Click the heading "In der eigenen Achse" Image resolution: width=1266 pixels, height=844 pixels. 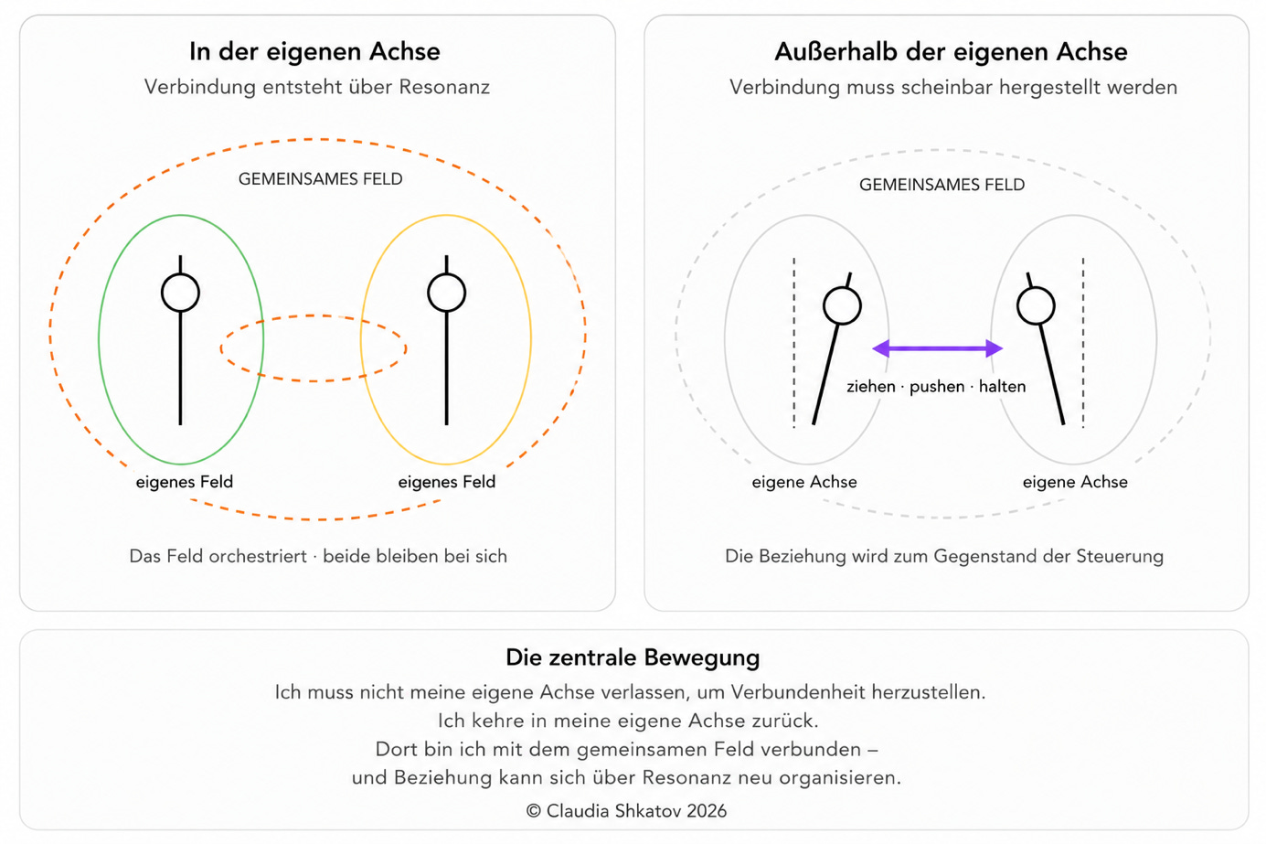click(x=314, y=51)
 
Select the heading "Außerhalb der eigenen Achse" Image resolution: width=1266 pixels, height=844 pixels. click(x=951, y=51)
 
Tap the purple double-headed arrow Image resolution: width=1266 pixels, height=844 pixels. click(x=938, y=348)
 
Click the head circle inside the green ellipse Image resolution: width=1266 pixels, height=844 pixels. click(x=180, y=293)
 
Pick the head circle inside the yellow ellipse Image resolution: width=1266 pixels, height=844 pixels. click(x=446, y=293)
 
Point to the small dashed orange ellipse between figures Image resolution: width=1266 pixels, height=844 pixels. click(x=314, y=316)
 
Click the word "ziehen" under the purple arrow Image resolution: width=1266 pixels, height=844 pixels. click(x=871, y=387)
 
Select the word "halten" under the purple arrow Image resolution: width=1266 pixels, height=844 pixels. click(x=1002, y=386)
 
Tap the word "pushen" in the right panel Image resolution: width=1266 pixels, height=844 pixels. click(x=937, y=387)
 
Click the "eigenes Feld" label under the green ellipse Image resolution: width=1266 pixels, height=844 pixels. click(x=185, y=482)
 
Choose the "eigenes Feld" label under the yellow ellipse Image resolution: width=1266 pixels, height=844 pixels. click(x=446, y=482)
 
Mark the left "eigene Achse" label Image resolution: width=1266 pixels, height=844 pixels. click(x=804, y=482)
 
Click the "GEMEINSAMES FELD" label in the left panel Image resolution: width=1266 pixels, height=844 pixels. click(x=321, y=179)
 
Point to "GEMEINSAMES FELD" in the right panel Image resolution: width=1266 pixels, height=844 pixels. click(x=942, y=185)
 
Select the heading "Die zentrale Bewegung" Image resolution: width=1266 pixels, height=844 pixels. click(x=633, y=657)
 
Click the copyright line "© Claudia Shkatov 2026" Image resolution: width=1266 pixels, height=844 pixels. click(x=626, y=811)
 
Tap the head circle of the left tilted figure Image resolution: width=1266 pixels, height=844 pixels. click(x=842, y=305)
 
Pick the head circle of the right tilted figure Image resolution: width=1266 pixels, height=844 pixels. click(x=1036, y=305)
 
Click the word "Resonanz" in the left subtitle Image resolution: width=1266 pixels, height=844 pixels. click(x=444, y=87)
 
